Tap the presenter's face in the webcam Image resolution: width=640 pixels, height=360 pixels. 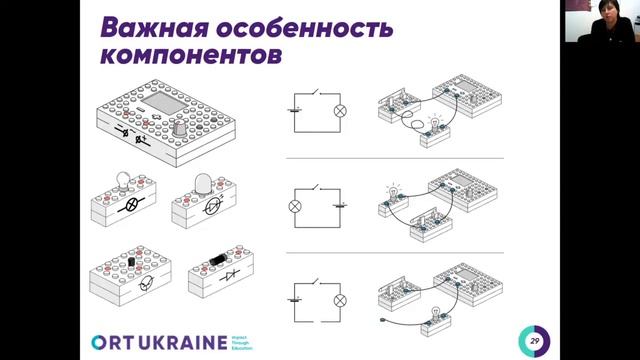[604, 19]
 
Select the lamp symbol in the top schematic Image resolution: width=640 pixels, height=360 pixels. [340, 111]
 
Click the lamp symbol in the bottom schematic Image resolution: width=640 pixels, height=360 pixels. [340, 298]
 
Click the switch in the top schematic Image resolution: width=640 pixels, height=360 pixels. [316, 94]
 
